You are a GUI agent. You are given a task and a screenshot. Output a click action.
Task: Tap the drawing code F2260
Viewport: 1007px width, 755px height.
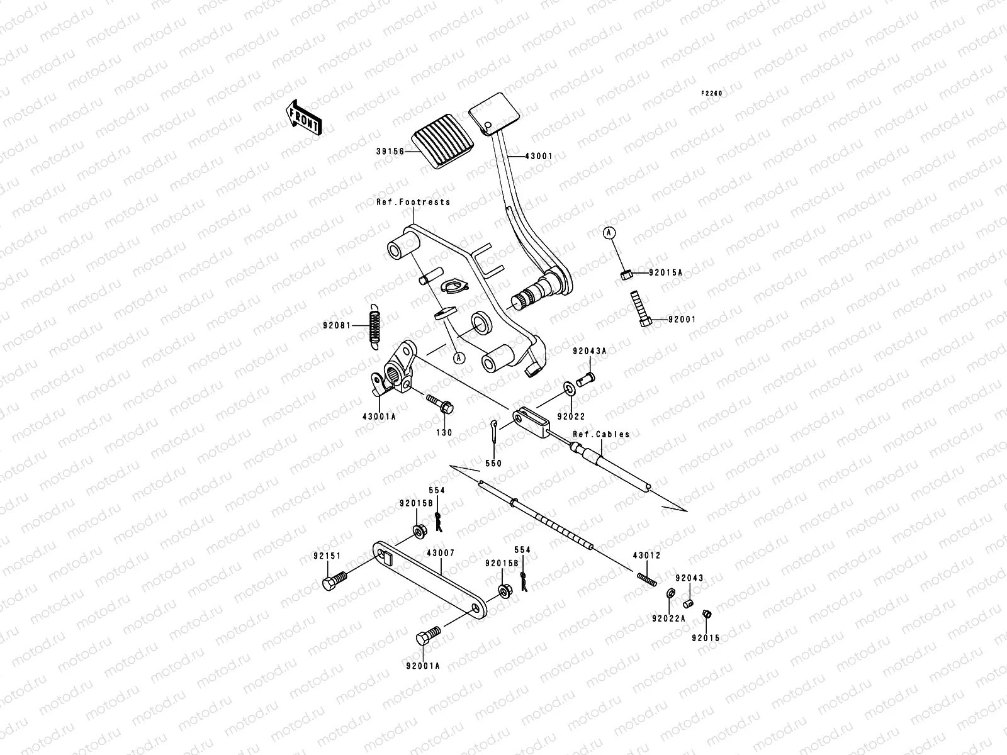(712, 93)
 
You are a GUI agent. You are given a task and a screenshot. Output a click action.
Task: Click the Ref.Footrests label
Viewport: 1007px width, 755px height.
(413, 202)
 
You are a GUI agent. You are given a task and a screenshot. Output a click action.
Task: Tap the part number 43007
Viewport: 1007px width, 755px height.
(441, 553)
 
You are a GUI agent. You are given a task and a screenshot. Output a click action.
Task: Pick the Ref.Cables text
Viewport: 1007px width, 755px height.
(601, 434)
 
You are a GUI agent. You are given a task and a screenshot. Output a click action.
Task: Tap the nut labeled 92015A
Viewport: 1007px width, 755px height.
(625, 274)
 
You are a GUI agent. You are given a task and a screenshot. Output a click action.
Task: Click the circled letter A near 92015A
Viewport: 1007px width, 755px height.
(609, 233)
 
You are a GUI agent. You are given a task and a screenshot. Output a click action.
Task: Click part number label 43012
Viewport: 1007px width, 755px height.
(646, 555)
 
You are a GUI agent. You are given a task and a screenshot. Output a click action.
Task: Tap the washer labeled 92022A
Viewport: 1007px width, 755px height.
(672, 593)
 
